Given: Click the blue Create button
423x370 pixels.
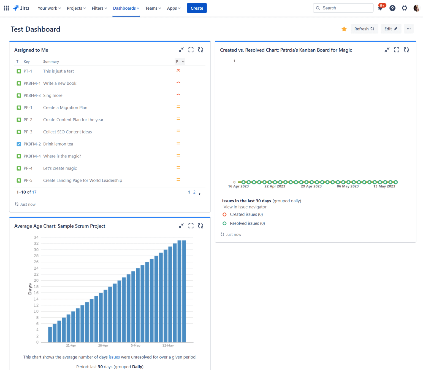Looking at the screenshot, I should [x=197, y=8].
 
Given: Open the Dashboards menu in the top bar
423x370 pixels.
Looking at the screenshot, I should [x=126, y=8].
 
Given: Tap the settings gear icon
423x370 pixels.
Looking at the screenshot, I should [x=404, y=8].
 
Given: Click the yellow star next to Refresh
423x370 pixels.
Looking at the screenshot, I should [x=344, y=29].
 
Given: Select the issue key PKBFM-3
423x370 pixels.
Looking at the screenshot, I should [x=32, y=95].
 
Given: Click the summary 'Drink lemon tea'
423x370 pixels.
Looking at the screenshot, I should [x=58, y=144].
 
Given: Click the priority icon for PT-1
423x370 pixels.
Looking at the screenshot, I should [x=178, y=71].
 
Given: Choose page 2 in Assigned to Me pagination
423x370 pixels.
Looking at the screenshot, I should [x=194, y=192].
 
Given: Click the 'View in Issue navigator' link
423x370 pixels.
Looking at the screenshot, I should [x=245, y=207].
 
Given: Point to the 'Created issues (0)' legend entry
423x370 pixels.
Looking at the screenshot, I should [x=246, y=215].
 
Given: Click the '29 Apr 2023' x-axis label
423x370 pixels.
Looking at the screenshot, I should [x=311, y=186].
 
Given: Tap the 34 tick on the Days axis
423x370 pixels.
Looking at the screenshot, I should [x=36, y=237].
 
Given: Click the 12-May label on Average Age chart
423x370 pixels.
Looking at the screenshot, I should [x=168, y=345].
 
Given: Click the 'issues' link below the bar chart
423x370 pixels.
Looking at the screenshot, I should [x=114, y=357].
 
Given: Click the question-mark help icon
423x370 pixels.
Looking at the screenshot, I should [x=392, y=8].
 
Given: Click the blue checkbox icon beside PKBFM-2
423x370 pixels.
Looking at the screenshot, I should [x=19, y=144].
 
